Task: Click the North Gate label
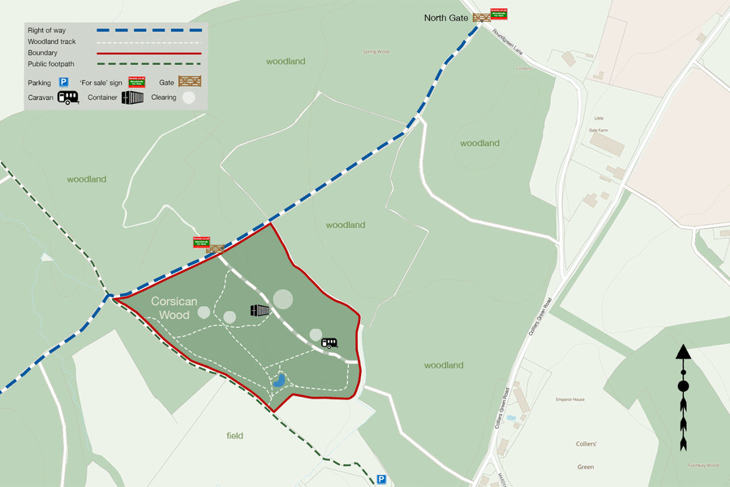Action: click(447, 17)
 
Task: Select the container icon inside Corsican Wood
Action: click(260, 310)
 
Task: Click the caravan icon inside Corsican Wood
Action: click(329, 343)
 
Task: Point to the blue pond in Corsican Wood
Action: click(278, 379)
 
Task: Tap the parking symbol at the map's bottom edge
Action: click(380, 480)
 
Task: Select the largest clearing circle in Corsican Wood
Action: click(282, 299)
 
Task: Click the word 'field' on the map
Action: click(234, 436)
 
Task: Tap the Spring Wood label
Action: click(376, 52)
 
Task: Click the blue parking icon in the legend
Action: click(62, 82)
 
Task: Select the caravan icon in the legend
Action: click(67, 97)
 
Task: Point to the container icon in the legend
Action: click(132, 97)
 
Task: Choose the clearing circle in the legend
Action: click(188, 97)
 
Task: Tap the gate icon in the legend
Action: click(189, 81)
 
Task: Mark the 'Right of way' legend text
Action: click(47, 30)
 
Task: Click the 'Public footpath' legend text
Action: click(51, 63)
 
